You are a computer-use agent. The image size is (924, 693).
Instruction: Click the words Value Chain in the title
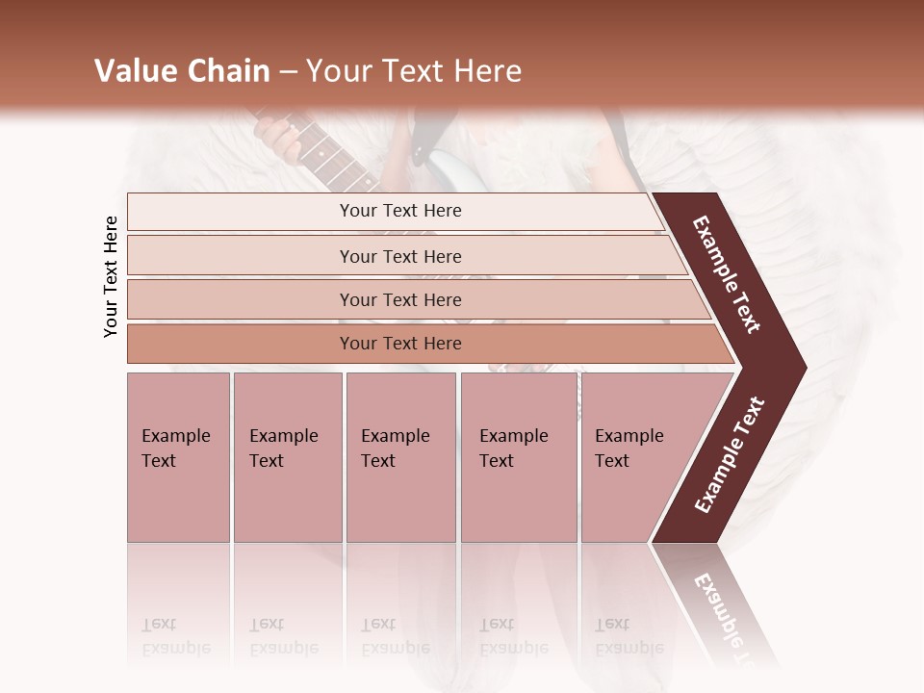point(182,71)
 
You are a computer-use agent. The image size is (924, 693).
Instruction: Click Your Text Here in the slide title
point(414,71)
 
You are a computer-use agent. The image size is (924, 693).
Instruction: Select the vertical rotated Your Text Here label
point(112,276)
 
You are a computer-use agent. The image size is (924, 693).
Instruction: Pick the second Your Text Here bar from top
point(400,256)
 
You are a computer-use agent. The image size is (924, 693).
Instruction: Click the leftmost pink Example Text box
point(178,457)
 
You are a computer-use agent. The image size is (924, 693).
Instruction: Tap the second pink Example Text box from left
point(288,457)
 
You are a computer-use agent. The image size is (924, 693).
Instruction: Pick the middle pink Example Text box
point(400,457)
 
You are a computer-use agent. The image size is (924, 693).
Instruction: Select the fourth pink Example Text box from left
point(519,457)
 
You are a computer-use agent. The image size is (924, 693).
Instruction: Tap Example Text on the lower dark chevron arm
point(730,454)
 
